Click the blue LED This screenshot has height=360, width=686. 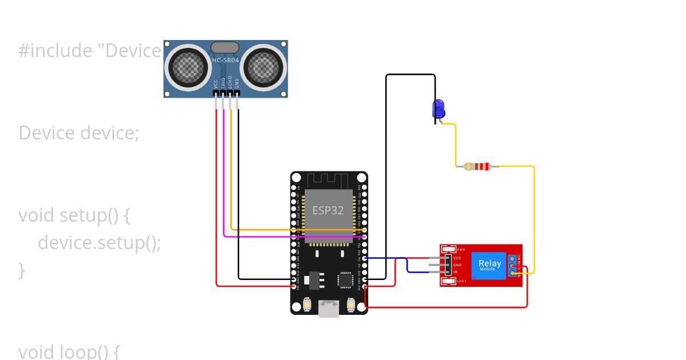point(438,109)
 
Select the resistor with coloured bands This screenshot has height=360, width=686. point(477,167)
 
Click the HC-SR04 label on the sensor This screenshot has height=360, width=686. point(225,60)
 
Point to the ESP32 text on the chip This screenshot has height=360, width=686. point(328,210)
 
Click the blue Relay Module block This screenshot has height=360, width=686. point(489,266)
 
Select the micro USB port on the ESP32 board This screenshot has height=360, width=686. point(329,309)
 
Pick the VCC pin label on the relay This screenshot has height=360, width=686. point(457,258)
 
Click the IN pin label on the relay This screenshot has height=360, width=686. point(456,273)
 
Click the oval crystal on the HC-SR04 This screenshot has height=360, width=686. point(225,47)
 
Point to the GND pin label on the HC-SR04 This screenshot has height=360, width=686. point(237,83)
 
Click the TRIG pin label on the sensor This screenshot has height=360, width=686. point(223,82)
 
